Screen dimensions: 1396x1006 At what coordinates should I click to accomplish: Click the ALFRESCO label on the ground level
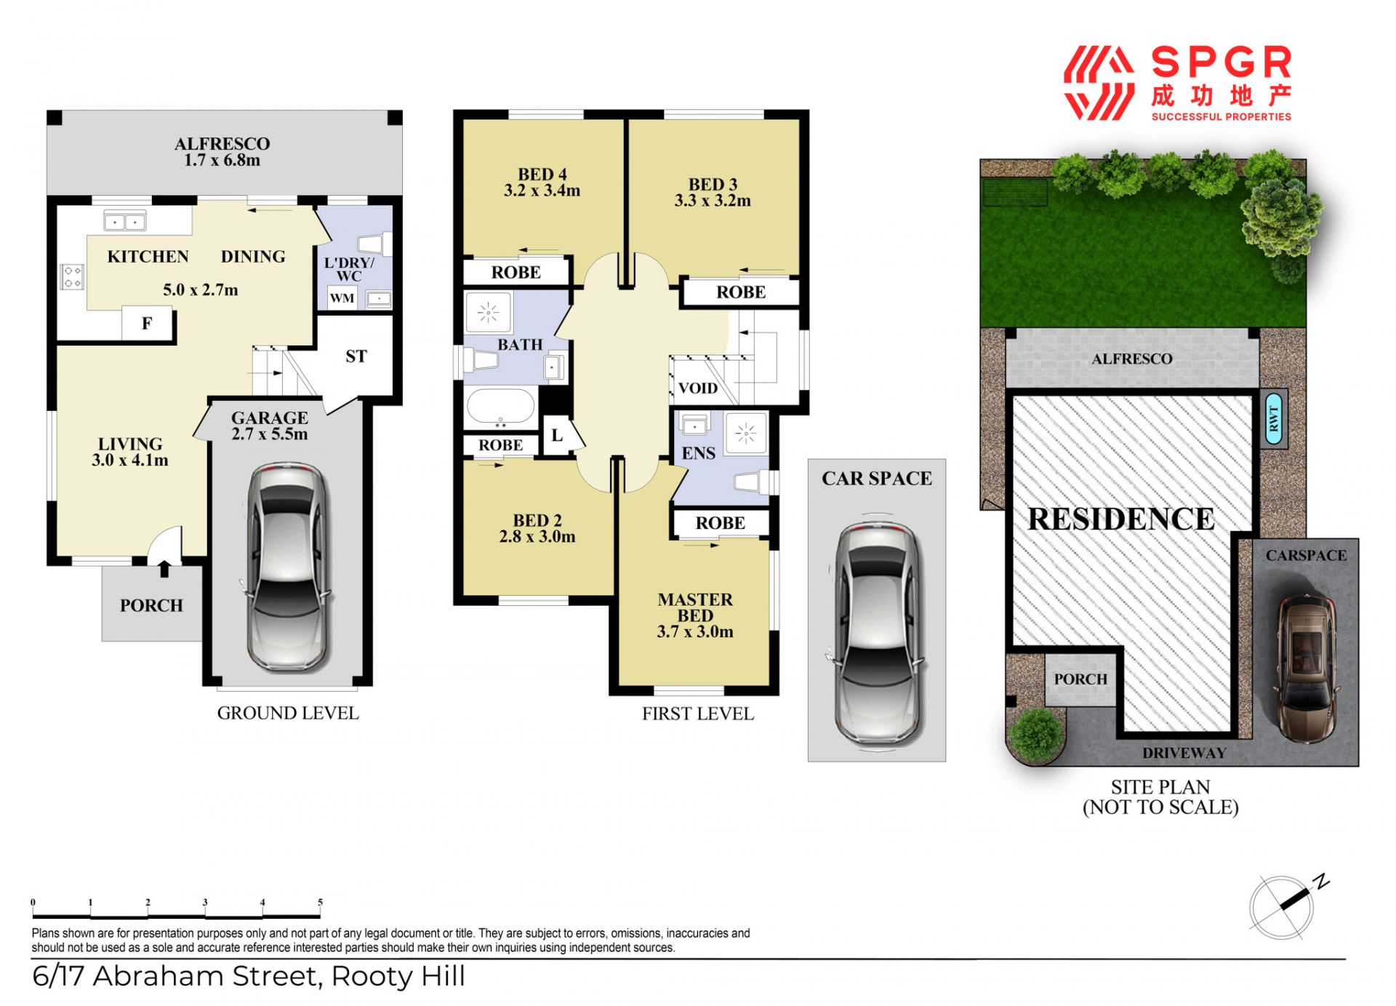[222, 144]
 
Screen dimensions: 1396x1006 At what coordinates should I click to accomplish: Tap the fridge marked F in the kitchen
[148, 323]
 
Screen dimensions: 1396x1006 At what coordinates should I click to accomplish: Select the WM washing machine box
[342, 298]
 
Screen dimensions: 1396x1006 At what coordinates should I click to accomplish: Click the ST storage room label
[356, 356]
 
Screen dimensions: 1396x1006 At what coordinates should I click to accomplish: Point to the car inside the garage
[286, 567]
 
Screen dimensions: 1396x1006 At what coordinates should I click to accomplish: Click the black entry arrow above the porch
[164, 569]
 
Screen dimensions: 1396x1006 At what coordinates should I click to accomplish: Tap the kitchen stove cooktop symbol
[72, 276]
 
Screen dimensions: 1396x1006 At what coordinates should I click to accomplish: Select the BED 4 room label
[542, 175]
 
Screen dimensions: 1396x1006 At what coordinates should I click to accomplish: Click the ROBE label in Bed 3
[741, 292]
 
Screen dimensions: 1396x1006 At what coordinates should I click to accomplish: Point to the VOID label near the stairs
[698, 388]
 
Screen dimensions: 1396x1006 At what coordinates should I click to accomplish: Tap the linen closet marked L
[557, 436]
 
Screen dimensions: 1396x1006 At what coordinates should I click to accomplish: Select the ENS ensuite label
[699, 453]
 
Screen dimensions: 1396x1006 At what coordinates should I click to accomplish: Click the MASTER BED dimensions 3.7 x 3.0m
[695, 632]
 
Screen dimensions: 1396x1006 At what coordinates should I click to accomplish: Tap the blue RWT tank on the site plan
[1274, 420]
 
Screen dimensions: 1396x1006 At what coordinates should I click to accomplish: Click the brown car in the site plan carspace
[1307, 667]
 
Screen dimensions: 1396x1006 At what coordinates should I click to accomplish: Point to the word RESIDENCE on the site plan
[1121, 519]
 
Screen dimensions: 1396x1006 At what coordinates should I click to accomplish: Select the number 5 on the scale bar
[320, 902]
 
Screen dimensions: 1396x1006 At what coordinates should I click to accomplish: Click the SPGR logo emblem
[1099, 83]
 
